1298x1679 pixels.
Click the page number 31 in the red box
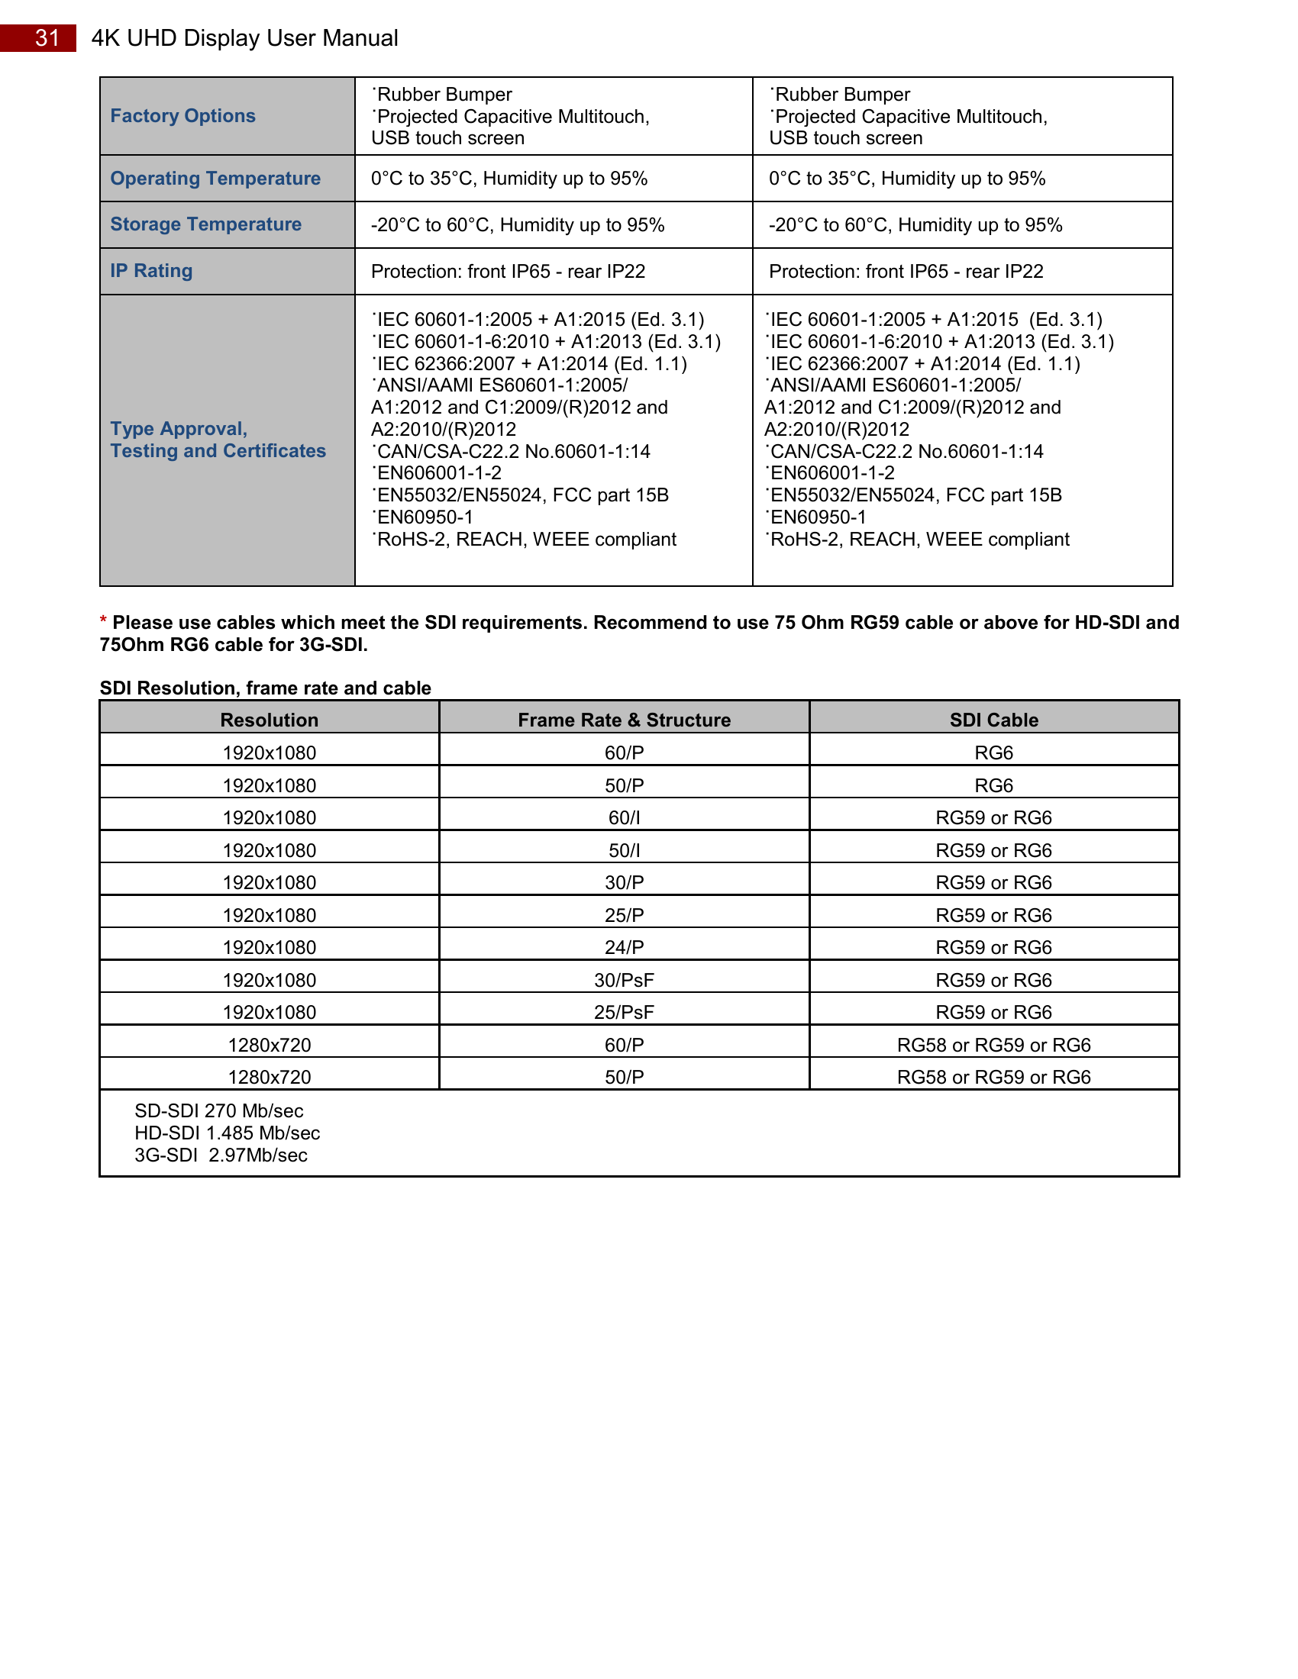click(47, 37)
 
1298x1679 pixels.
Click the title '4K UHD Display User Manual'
click(244, 37)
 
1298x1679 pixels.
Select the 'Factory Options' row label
click(183, 116)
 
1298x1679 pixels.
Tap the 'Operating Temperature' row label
click(215, 179)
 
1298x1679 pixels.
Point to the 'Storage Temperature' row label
click(206, 224)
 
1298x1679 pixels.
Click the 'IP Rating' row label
click(151, 271)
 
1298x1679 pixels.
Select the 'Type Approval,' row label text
click(179, 429)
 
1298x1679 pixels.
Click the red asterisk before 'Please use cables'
click(103, 621)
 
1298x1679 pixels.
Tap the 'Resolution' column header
click(269, 720)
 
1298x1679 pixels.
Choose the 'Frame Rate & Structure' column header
click(624, 720)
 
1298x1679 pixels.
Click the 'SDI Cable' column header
click(993, 720)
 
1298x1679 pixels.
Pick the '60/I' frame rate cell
click(624, 818)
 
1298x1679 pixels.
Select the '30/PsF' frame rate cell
click(624, 980)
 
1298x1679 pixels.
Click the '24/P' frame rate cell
click(624, 948)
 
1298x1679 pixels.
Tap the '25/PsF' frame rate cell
click(624, 1013)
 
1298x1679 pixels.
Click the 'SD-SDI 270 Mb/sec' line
click(218, 1111)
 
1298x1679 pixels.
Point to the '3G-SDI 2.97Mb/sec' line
click(221, 1155)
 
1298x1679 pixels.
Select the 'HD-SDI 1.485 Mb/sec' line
click(227, 1133)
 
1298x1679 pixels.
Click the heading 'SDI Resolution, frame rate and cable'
click(265, 688)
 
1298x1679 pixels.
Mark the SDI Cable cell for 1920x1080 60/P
click(993, 752)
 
